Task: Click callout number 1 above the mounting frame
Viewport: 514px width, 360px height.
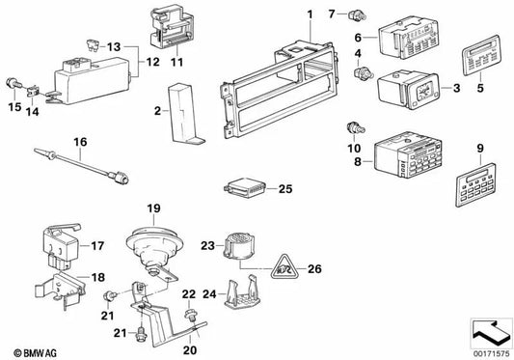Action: [x=311, y=14]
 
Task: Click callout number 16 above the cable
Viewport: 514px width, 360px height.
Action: [x=81, y=141]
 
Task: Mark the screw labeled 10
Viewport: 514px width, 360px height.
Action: [x=357, y=126]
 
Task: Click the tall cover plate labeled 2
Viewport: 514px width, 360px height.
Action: [x=181, y=114]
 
